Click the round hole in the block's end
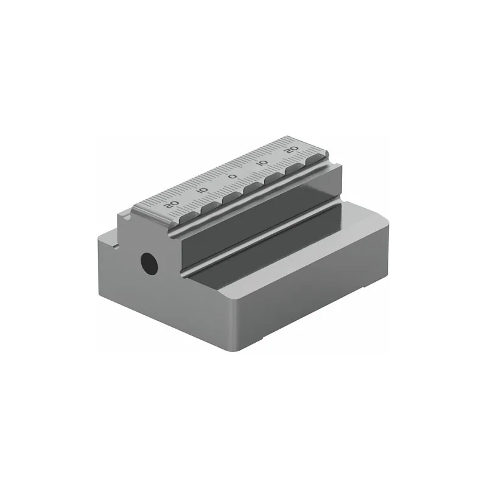(x=149, y=262)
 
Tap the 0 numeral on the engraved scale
(x=233, y=177)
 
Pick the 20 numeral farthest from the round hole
(x=292, y=150)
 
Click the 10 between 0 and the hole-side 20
(x=203, y=190)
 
